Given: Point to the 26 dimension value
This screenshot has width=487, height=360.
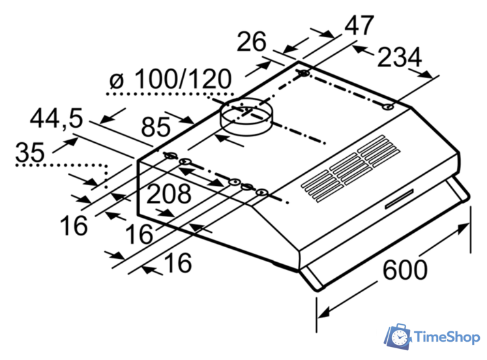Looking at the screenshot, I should click(252, 43).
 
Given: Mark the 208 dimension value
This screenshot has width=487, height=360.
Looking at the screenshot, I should click(168, 194).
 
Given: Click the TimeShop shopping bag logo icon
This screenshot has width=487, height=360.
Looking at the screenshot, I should click(397, 337).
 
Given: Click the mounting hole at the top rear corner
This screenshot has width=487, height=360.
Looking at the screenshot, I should click(304, 74).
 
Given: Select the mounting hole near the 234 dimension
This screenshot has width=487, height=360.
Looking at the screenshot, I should click(388, 107).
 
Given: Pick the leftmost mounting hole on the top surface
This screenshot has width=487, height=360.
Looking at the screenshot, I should click(170, 155).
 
